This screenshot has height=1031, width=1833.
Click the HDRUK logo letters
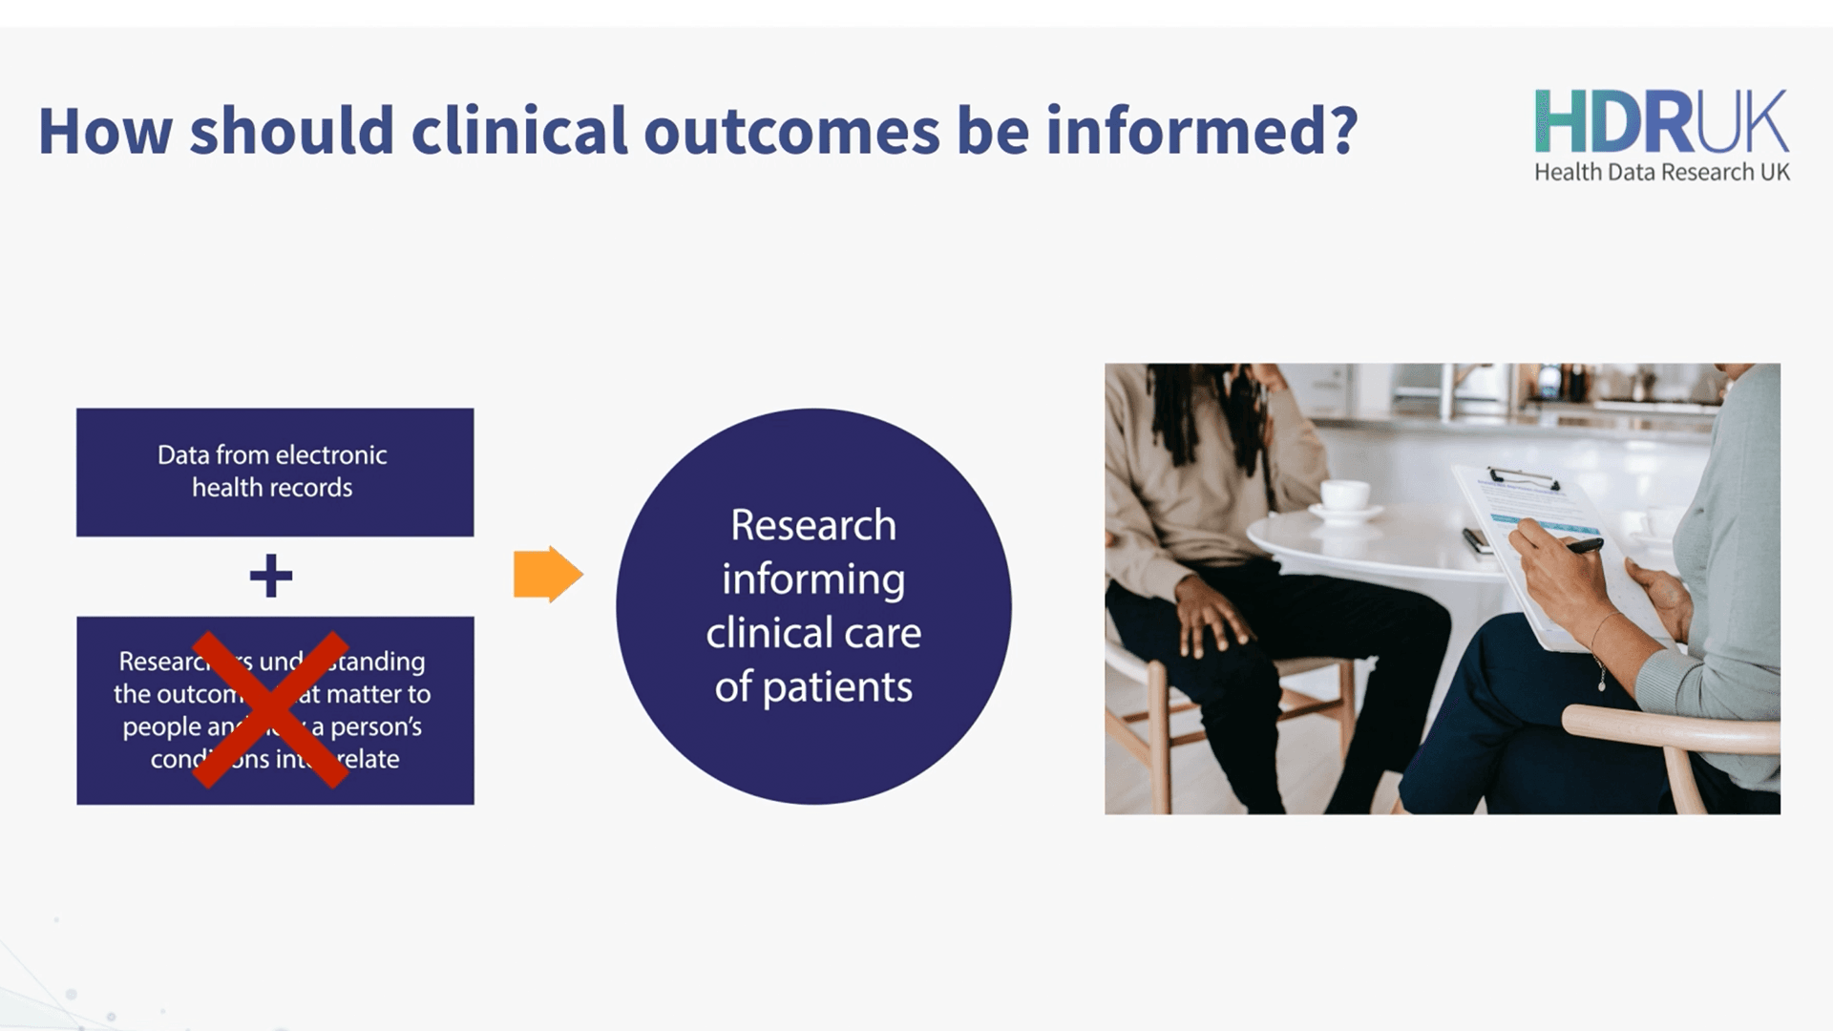pos(1661,122)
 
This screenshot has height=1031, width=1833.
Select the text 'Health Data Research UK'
pos(1661,173)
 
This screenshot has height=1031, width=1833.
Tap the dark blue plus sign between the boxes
pos(271,576)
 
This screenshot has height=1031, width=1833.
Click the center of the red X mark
pos(271,709)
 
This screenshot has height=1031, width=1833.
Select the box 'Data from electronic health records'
pos(275,472)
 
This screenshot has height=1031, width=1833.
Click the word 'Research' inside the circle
pos(813,525)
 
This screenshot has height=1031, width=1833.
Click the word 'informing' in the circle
pos(813,579)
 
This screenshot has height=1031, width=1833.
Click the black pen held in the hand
pos(1580,547)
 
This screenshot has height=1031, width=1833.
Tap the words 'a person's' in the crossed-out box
pos(368,727)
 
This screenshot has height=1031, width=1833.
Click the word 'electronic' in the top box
pos(331,455)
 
